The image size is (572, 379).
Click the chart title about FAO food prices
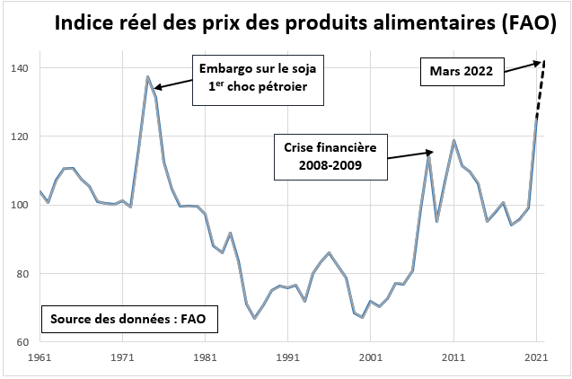click(x=306, y=23)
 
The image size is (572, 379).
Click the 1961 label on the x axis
click(x=40, y=358)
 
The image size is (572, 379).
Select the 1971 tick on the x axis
click(x=122, y=358)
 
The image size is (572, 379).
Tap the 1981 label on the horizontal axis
click(x=205, y=358)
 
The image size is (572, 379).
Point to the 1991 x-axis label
click(x=287, y=358)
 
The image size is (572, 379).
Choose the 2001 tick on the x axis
click(x=371, y=358)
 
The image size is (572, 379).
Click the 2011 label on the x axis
click(x=453, y=358)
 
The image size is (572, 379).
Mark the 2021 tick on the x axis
click(x=536, y=358)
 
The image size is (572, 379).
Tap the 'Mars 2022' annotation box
click(x=461, y=72)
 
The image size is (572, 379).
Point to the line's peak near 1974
click(x=147, y=77)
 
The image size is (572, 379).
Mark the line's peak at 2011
click(x=454, y=141)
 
